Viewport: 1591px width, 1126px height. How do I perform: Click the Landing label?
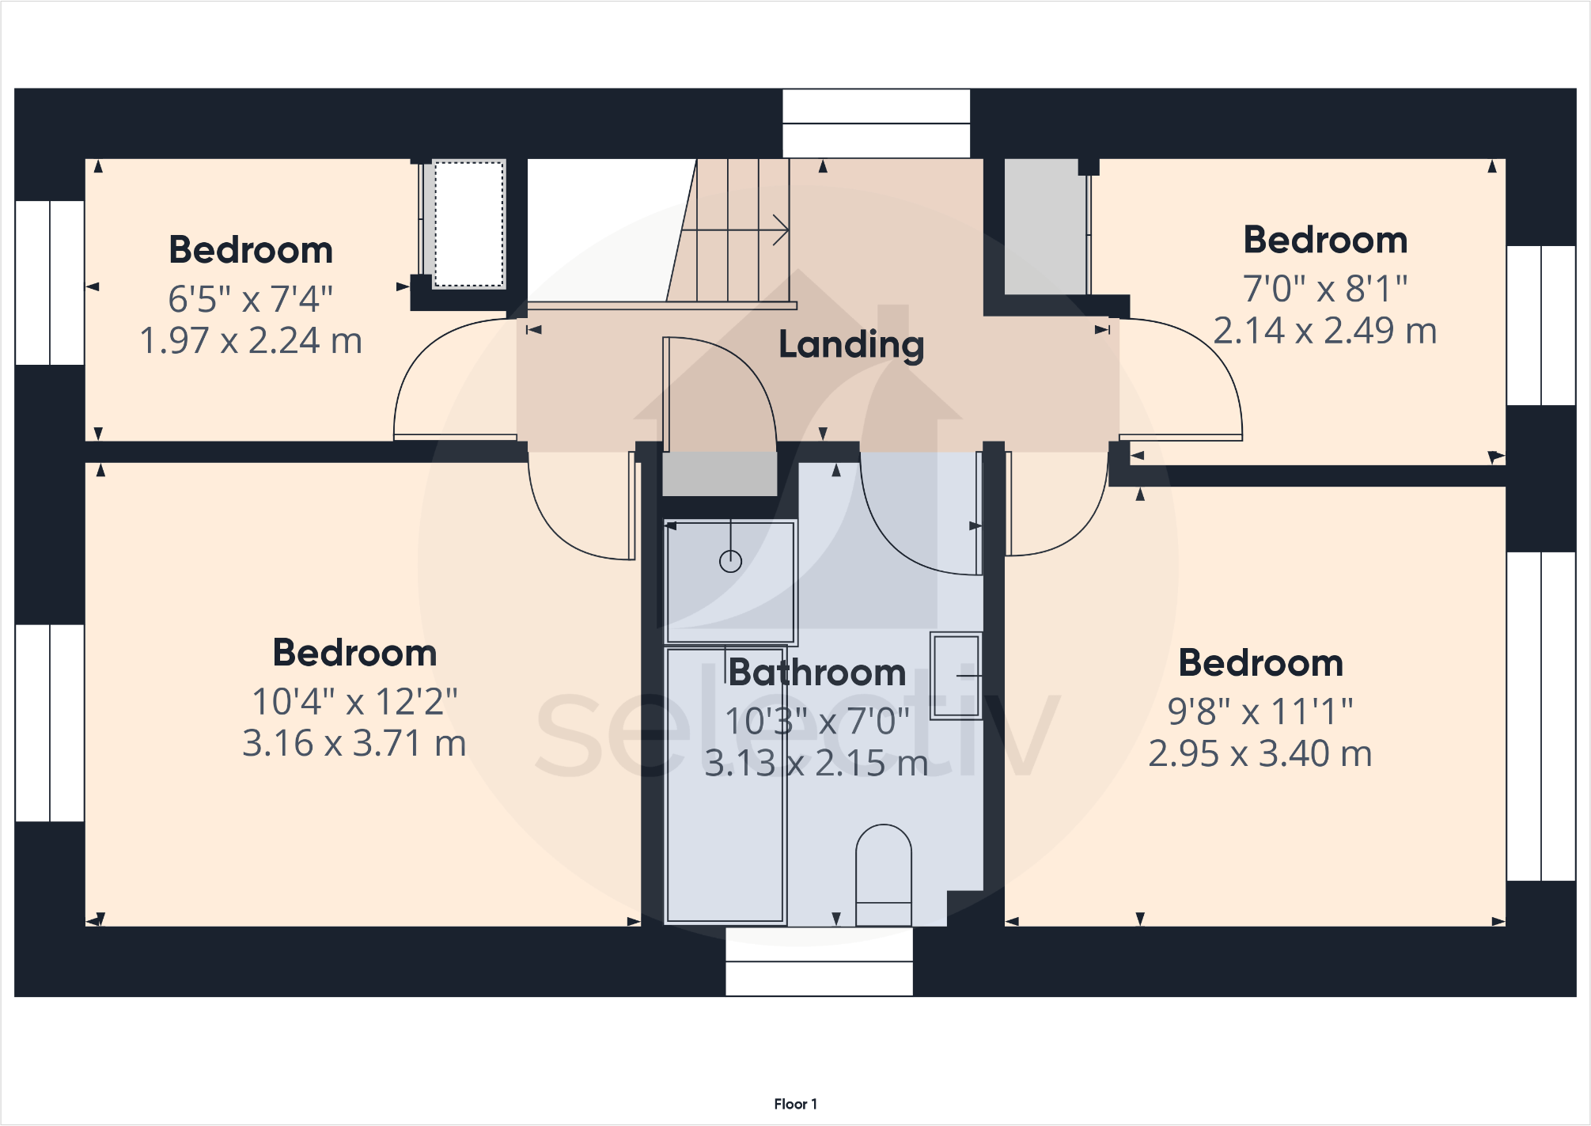pos(851,345)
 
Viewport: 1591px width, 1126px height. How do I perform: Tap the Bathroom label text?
pos(816,673)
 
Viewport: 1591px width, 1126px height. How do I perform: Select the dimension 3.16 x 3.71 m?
pos(354,744)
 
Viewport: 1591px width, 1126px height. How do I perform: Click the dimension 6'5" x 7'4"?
pos(250,300)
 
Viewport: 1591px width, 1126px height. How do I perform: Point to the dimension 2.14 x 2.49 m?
pos(1324,331)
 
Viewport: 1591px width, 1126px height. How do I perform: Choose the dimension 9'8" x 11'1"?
pos(1260,712)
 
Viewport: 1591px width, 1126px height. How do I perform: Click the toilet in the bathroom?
pos(884,874)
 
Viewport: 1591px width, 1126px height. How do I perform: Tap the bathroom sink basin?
pos(956,676)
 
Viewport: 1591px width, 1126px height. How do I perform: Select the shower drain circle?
pos(730,562)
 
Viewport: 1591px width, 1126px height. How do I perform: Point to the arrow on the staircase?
pos(779,230)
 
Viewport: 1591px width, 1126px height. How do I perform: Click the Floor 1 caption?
pos(795,1104)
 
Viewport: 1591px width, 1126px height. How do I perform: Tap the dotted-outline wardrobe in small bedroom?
pos(468,225)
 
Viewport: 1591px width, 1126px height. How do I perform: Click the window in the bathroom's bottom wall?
pos(819,961)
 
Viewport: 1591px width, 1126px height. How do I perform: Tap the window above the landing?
pos(876,123)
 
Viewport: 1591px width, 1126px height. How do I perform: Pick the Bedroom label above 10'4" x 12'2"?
pos(354,654)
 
